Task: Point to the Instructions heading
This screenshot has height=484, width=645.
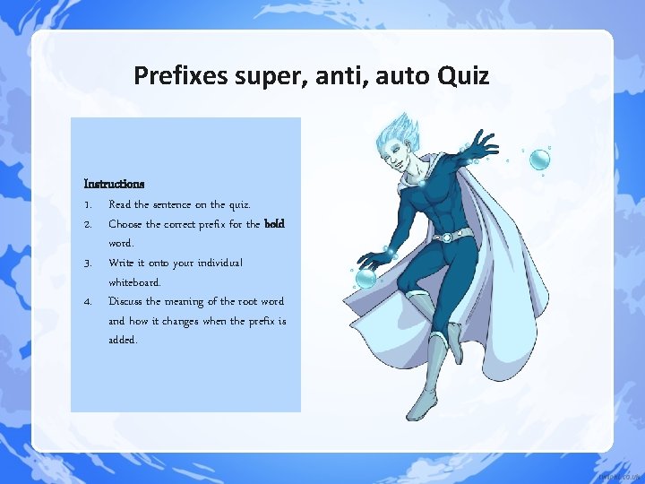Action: pos(114,184)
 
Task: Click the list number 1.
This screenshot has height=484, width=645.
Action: pos(88,204)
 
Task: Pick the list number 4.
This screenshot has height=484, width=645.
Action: pos(89,301)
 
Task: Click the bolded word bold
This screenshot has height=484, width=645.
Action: pos(274,224)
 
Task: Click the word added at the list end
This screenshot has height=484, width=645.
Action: pos(123,341)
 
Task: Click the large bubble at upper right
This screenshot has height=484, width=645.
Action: pos(539,160)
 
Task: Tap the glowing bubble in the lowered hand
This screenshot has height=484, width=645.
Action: pos(366,279)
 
